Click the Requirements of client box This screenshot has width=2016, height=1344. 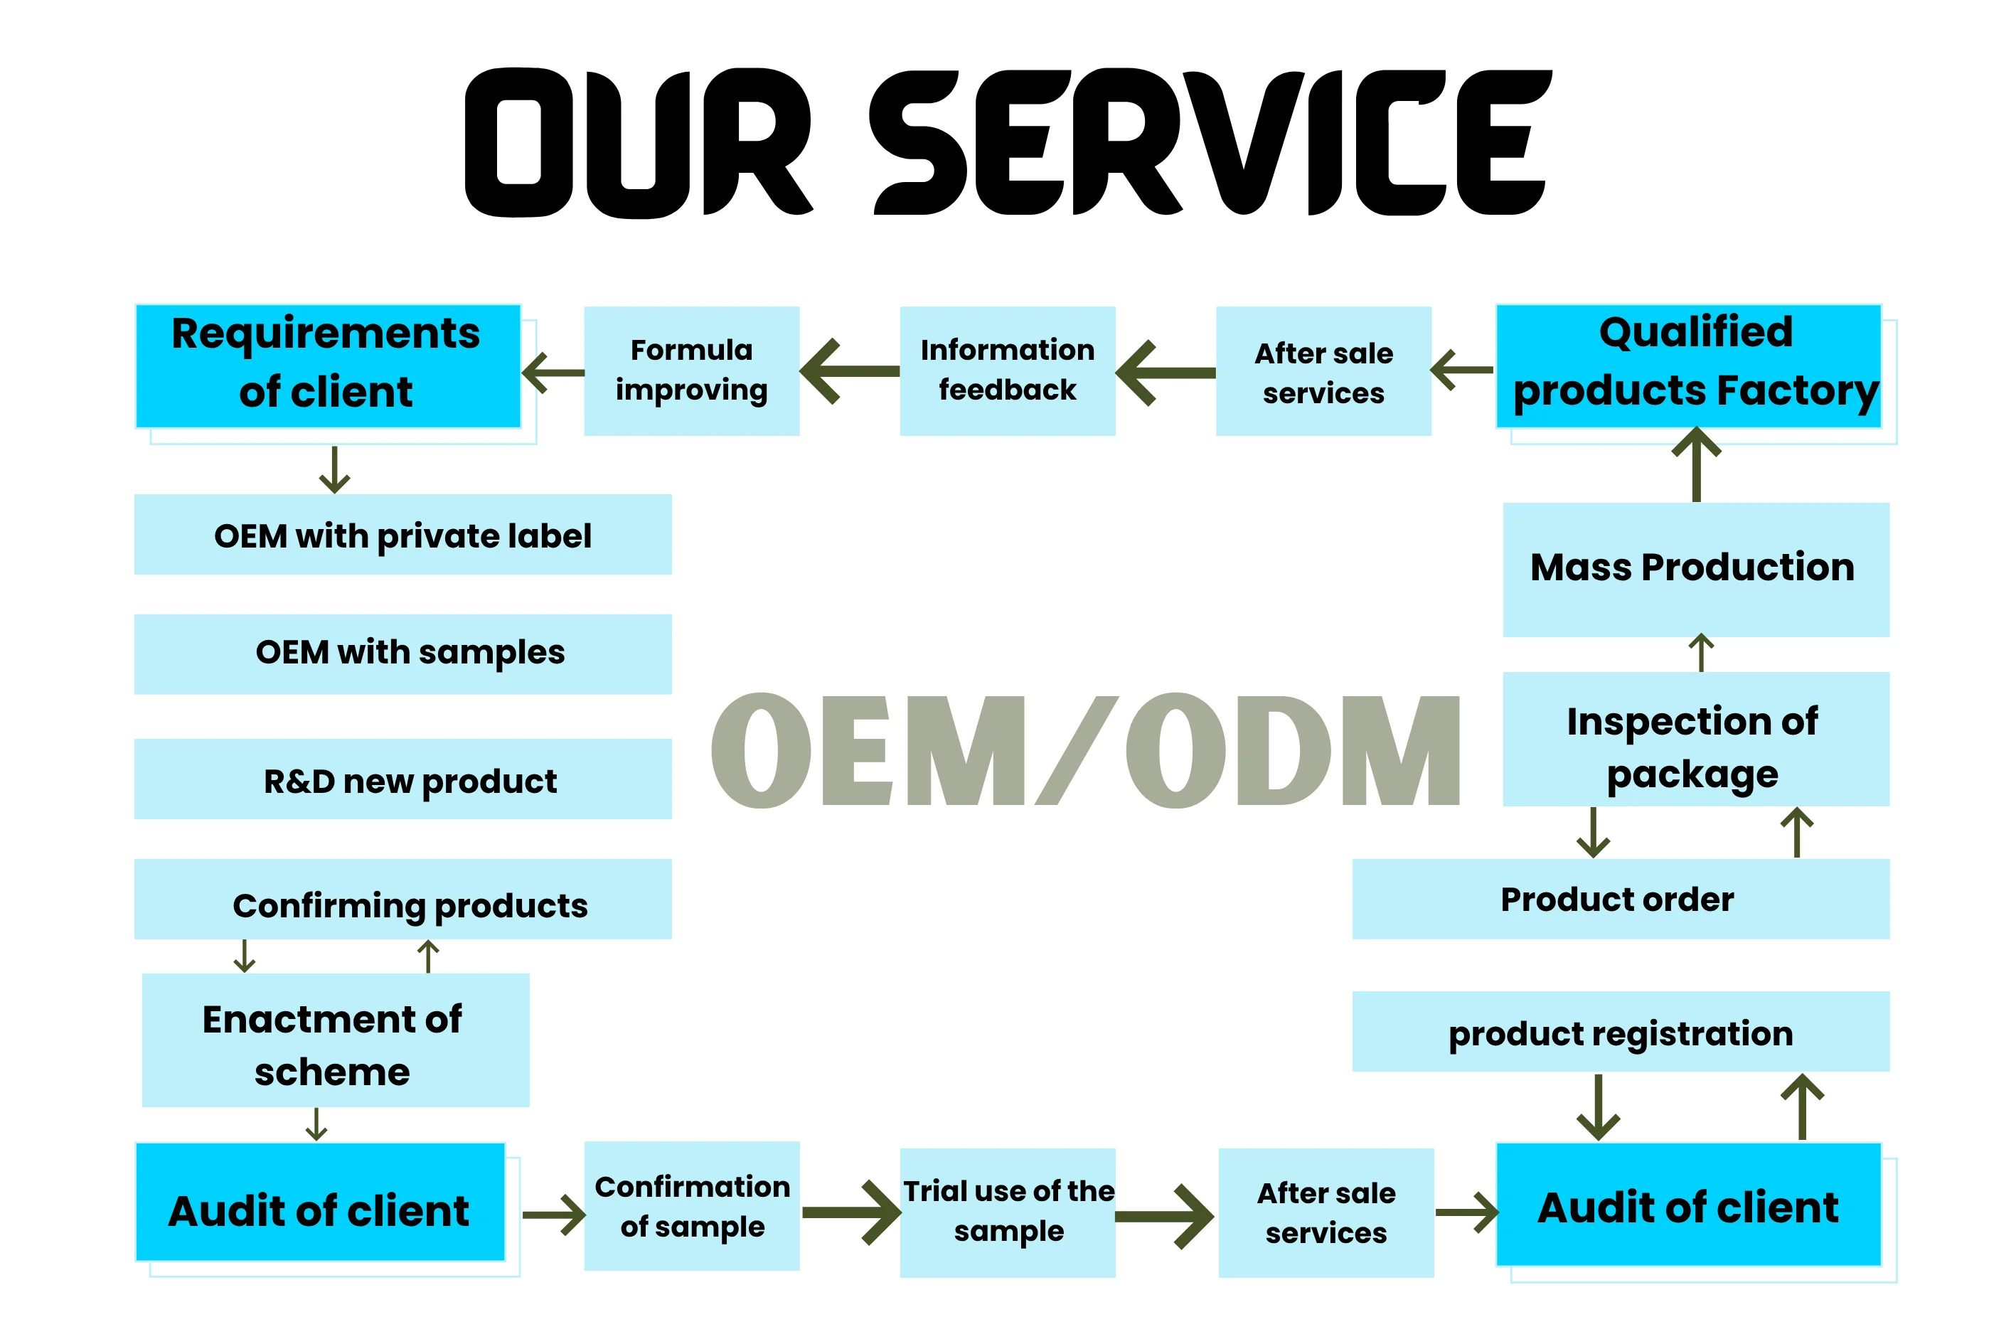click(329, 366)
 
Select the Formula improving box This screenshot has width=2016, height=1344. click(692, 371)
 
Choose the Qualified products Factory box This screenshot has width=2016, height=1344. click(1689, 366)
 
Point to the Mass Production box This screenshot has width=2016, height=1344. click(1696, 570)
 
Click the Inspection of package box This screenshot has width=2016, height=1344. click(1696, 739)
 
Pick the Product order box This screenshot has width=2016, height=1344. click(1621, 899)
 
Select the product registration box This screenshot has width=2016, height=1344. click(1621, 1032)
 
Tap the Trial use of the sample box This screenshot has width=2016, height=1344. click(1008, 1213)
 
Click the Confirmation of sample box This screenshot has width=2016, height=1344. click(692, 1206)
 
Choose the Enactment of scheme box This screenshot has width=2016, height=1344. click(336, 1040)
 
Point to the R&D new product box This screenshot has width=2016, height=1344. click(403, 779)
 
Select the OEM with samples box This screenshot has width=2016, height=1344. click(403, 654)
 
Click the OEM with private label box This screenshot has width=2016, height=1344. click(403, 534)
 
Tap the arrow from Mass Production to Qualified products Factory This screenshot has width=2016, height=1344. click(1696, 464)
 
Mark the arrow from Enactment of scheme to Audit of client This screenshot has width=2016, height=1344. click(316, 1124)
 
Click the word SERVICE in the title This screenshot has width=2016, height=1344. click(1210, 142)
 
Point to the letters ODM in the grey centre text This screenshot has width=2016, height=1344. click(1293, 750)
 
